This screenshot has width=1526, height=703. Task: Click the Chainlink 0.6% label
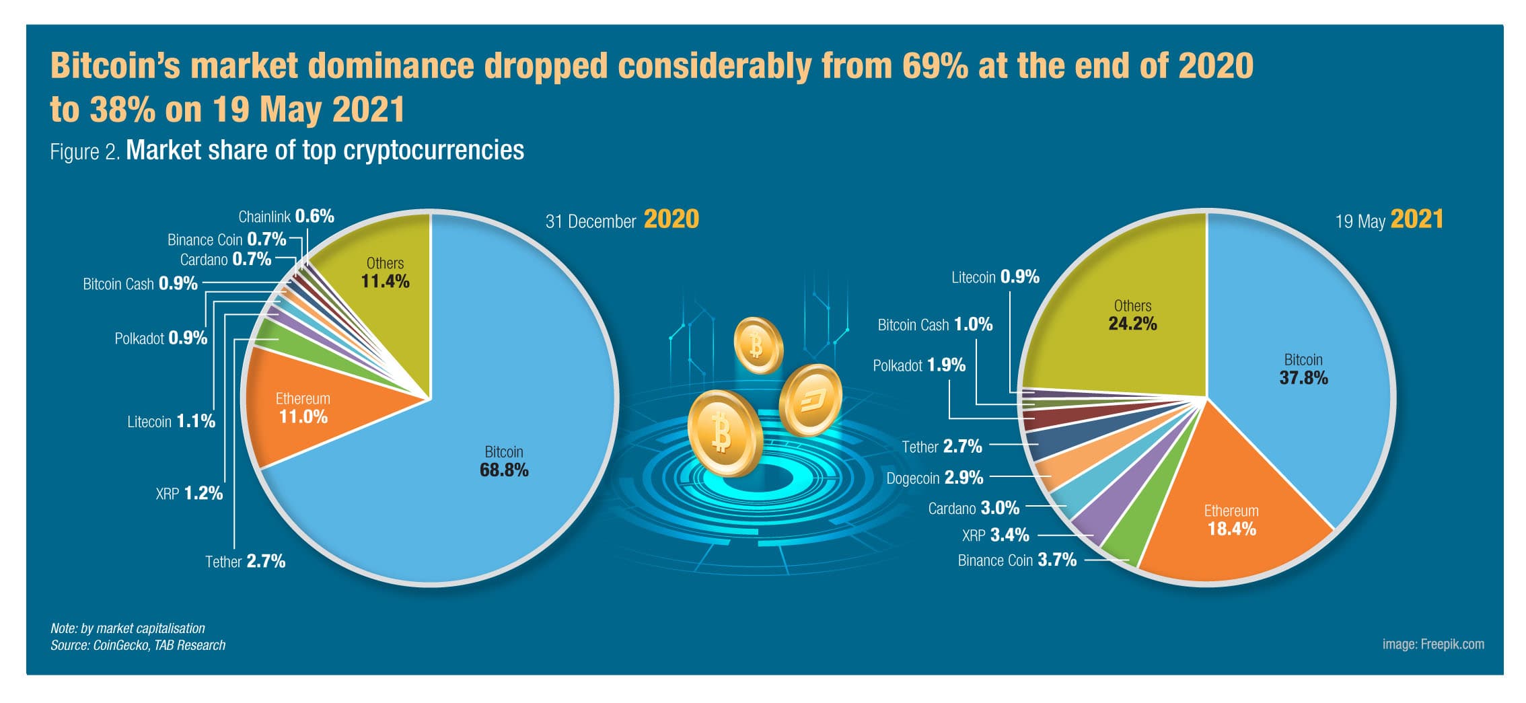click(286, 217)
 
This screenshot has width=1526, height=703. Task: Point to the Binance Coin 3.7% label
click(1017, 560)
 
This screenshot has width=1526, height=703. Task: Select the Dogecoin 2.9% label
click(935, 478)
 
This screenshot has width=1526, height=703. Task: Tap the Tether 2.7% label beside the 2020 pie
click(245, 562)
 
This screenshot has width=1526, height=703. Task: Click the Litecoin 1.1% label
click(171, 422)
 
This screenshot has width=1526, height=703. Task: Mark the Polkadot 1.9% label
click(918, 366)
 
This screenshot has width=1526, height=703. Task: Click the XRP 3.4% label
click(995, 535)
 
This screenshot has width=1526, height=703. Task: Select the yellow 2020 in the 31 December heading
click(671, 219)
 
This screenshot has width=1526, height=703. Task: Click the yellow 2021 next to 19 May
click(1416, 220)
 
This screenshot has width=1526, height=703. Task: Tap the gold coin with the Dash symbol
click(811, 400)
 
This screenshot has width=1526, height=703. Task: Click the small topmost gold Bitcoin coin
click(758, 346)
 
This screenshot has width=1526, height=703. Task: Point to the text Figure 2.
click(85, 152)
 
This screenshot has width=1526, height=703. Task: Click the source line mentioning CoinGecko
click(138, 645)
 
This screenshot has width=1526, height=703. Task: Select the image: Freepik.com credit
click(1432, 644)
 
